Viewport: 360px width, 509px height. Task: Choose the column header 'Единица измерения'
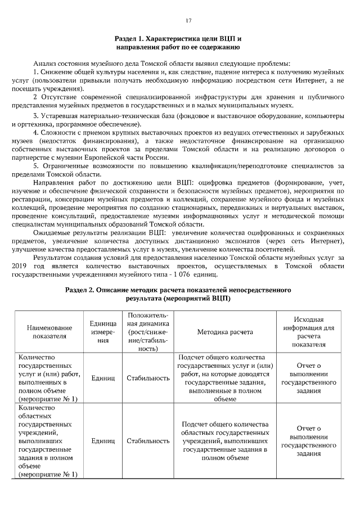pos(103,332)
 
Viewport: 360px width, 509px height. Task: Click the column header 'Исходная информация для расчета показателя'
pos(309,332)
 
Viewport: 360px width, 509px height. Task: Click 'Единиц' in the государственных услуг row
pos(103,378)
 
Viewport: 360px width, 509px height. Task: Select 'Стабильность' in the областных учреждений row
pos(148,441)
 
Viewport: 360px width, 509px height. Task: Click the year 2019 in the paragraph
pos(19,266)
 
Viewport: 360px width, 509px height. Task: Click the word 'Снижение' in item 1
pos(56,73)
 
